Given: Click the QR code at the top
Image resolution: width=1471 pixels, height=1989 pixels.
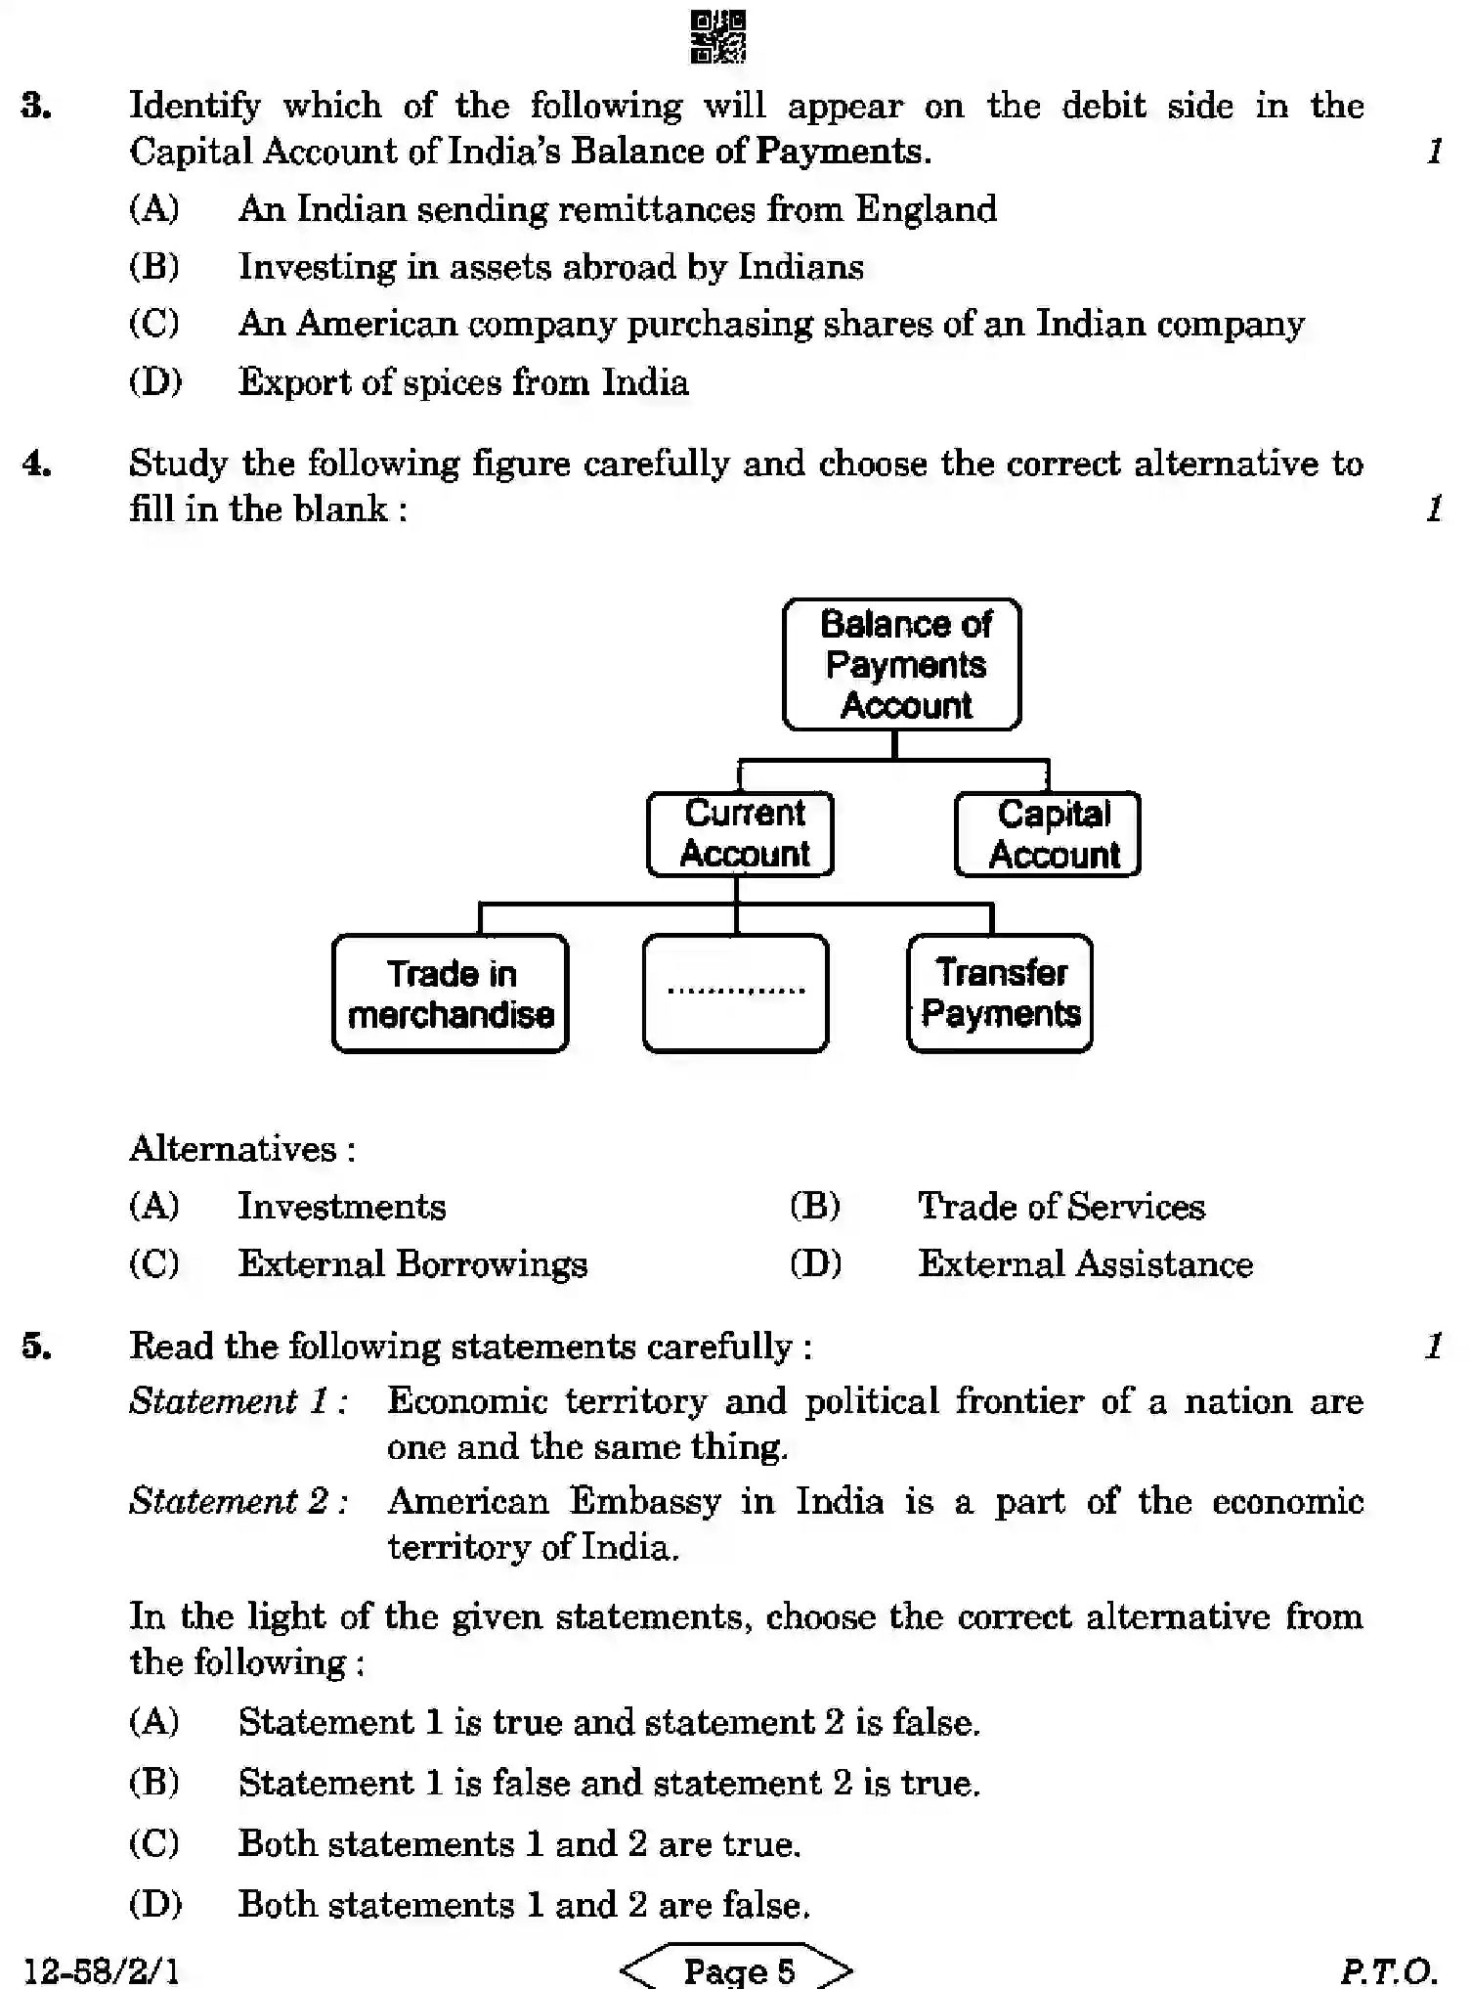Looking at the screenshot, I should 718,37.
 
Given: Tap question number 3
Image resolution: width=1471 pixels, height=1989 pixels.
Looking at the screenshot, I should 36,106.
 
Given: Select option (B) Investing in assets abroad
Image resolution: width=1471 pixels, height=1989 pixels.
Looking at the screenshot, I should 550,267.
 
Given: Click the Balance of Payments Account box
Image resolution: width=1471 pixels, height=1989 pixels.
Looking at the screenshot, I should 902,665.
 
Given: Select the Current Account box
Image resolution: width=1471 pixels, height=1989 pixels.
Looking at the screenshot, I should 741,834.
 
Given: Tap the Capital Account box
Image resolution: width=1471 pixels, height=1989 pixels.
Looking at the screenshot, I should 1048,834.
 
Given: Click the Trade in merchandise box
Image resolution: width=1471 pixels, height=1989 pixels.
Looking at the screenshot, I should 451,994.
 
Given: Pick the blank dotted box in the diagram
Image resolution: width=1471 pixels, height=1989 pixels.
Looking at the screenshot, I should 736,994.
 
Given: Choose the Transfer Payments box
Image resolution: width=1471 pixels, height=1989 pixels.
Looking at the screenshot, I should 1000,994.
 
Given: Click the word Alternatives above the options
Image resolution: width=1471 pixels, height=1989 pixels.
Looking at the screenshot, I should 234,1148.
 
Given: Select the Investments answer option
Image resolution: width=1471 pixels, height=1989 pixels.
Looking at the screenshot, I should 342,1207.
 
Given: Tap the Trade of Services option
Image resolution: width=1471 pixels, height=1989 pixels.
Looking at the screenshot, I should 1060,1207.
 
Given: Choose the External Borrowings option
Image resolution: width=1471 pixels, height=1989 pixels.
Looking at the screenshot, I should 412,1264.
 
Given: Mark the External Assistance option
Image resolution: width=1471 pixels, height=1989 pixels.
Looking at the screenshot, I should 1085,1264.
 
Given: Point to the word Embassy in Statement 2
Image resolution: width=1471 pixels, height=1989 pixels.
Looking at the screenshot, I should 645,1501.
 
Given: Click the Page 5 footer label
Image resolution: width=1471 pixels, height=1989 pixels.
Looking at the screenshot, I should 738,1969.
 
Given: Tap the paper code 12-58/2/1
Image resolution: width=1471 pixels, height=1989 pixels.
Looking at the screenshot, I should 100,1969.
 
